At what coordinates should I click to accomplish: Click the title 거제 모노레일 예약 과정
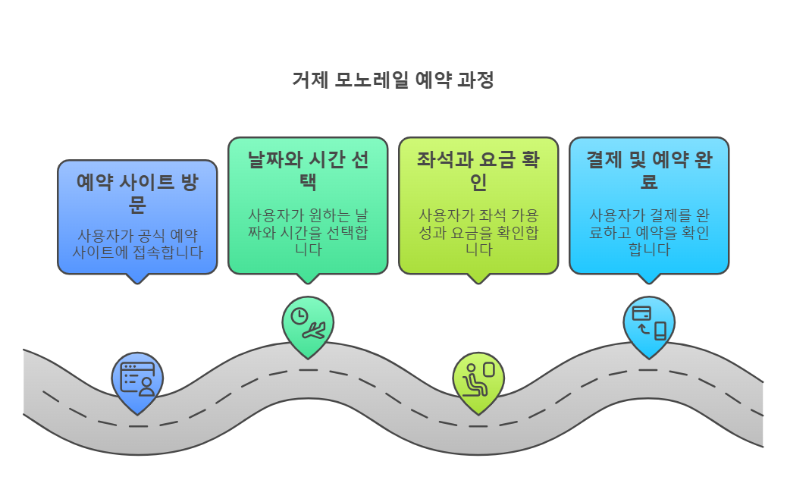[393, 80]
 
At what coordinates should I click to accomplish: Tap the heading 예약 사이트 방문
[137, 193]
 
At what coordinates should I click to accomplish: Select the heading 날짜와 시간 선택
[308, 171]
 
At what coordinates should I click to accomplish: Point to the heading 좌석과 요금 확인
[478, 171]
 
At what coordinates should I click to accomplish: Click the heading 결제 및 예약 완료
[648, 171]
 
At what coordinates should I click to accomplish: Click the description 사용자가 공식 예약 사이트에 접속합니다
[137, 243]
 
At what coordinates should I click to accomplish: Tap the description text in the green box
[308, 231]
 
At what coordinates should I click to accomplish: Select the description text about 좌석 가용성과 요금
[478, 231]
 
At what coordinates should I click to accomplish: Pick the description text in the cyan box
[648, 231]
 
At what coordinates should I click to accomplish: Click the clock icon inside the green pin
[300, 315]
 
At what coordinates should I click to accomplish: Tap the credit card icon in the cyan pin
[641, 312]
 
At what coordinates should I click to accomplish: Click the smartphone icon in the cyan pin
[660, 331]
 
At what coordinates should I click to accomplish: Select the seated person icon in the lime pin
[473, 378]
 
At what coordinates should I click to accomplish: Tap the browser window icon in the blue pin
[137, 378]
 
